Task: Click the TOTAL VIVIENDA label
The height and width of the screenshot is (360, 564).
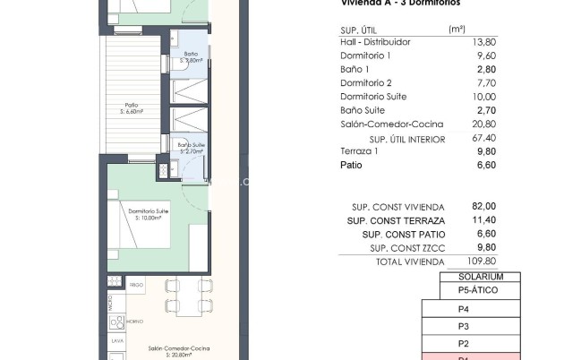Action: click(x=410, y=261)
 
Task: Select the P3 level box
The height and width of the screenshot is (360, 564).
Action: click(x=464, y=326)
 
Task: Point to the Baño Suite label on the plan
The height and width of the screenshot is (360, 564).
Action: click(x=190, y=147)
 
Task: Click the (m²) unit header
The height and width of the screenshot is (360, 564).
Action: click(x=457, y=29)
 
